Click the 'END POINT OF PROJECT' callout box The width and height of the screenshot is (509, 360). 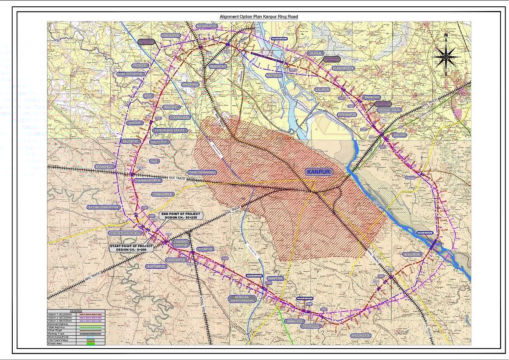[181, 216]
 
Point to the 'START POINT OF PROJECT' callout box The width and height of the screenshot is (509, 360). [131, 247]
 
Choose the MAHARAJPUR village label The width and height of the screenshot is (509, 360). [207, 26]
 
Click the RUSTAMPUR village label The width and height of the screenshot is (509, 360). [156, 266]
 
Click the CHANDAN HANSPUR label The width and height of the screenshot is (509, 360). [182, 244]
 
